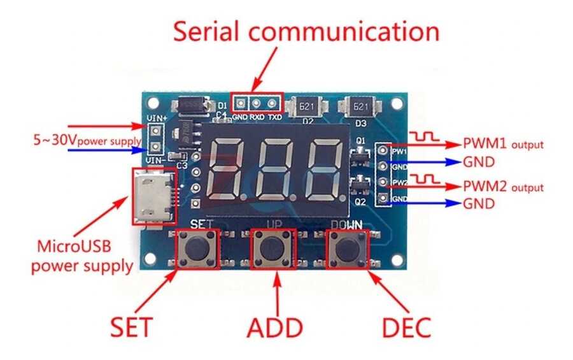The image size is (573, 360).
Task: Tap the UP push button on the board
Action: click(274, 249)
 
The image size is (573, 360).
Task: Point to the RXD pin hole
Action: click(257, 102)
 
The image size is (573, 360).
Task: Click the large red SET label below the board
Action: click(131, 327)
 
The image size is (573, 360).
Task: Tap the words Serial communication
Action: click(306, 31)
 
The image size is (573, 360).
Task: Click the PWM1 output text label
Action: click(503, 143)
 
